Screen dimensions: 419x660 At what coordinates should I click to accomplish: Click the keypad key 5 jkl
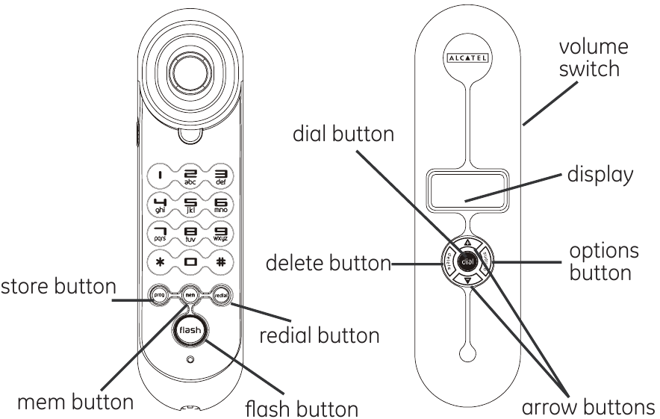189,204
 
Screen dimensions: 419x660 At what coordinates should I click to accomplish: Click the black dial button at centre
467,262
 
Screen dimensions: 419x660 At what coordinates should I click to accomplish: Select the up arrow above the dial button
467,243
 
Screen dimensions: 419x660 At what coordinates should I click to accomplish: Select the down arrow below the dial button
467,282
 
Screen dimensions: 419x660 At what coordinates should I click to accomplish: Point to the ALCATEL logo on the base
467,57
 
